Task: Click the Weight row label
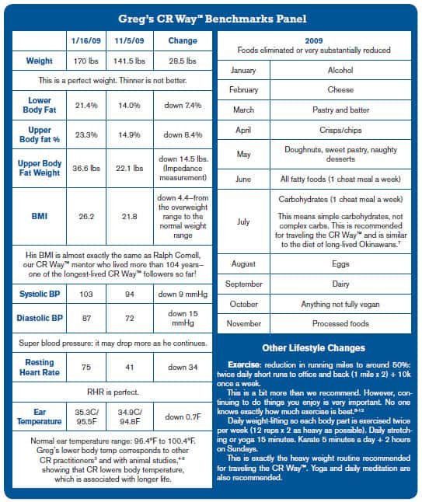(39, 60)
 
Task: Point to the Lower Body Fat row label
(39, 103)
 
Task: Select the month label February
(243, 90)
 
